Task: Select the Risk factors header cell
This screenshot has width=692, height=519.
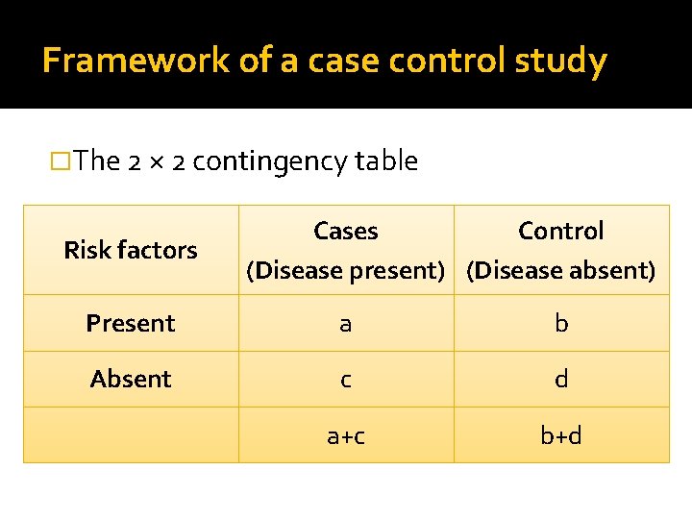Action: click(x=131, y=250)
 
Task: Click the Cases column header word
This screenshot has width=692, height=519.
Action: click(x=346, y=232)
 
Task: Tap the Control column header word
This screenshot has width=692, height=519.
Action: click(x=561, y=232)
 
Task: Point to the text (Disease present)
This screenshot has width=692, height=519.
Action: click(x=346, y=271)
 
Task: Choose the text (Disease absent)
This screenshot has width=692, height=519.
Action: click(x=561, y=271)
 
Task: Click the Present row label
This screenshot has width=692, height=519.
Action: click(x=131, y=323)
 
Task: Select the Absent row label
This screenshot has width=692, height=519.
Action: click(x=131, y=379)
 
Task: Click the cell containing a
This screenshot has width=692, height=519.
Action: click(x=346, y=324)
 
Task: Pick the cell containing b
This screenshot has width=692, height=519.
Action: click(x=561, y=323)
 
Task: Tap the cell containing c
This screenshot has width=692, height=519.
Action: click(x=346, y=380)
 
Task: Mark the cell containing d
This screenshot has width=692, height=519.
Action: click(x=561, y=379)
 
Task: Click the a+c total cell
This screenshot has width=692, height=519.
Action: click(x=346, y=435)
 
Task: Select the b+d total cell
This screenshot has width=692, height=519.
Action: click(x=561, y=435)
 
